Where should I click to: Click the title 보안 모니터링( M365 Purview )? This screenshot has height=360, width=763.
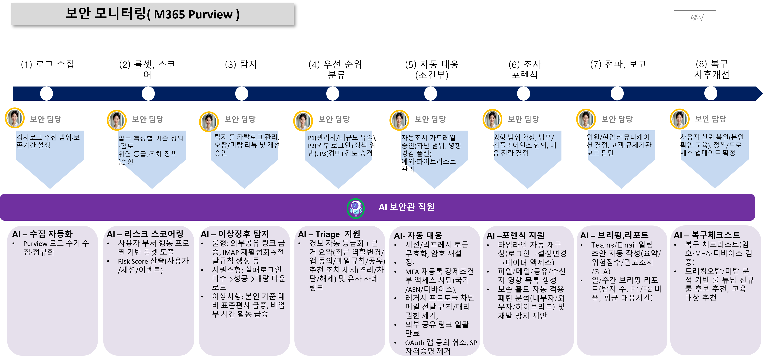point(152,14)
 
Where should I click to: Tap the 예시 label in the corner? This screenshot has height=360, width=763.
point(697,17)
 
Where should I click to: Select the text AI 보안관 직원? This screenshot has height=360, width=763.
point(406,207)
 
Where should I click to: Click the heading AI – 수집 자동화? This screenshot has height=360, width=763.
point(42,234)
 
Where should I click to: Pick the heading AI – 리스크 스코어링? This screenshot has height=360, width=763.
point(145,234)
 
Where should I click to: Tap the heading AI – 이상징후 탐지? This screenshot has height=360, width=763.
point(235,234)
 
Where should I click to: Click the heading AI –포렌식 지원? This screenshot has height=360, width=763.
point(515,236)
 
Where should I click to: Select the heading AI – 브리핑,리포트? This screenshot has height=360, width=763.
point(614,235)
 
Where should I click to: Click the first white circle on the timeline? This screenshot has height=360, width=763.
point(47,94)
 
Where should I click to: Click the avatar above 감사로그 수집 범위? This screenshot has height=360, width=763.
point(14,118)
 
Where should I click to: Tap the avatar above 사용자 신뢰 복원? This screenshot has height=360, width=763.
point(679,119)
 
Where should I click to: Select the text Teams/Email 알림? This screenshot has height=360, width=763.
point(622,245)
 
